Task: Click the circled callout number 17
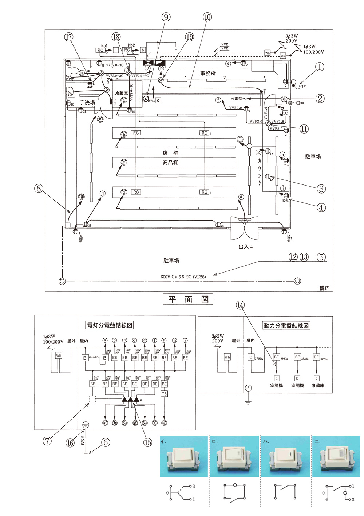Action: coord(69,37)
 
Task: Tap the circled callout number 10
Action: coord(207,17)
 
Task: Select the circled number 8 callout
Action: coord(39,188)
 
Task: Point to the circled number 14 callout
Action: coord(240,305)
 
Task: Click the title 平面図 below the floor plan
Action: coord(188,299)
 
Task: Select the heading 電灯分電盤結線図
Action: coord(109,325)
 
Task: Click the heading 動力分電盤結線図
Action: coord(286,325)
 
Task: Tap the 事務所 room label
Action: coord(208,73)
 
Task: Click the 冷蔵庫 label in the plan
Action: coord(121,94)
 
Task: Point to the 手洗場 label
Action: coord(87,103)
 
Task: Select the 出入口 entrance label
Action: coord(246,247)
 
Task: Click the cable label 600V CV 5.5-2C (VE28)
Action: coord(183,277)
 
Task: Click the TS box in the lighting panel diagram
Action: coord(164,394)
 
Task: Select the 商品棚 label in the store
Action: coord(170,163)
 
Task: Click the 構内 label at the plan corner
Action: coord(324,288)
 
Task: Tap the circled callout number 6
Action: coord(106,442)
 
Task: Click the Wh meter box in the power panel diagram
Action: coord(227,357)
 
